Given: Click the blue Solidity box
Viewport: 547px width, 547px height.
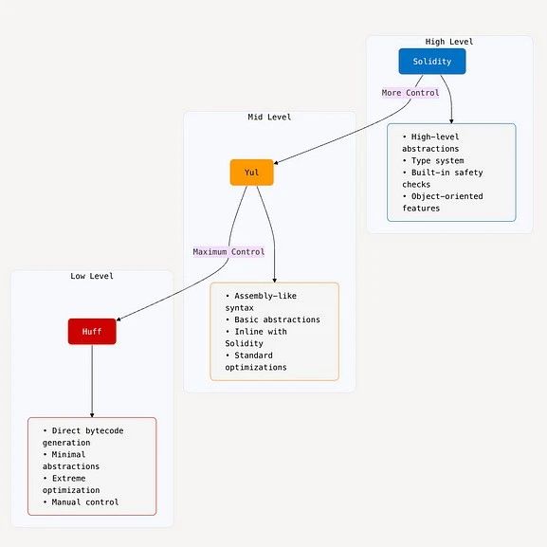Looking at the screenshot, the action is click(432, 62).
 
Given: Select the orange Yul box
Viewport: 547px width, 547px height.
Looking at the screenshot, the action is click(251, 173).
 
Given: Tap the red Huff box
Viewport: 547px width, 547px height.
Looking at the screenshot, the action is click(92, 332).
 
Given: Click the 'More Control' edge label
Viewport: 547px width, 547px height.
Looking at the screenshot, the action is click(410, 93).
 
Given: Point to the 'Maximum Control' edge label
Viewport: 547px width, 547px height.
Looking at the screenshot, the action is click(228, 252).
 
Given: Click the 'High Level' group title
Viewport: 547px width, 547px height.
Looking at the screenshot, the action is click(449, 42).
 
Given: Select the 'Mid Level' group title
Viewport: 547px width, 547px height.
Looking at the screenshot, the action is click(269, 117).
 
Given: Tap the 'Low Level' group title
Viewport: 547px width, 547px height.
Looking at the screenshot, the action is click(92, 276).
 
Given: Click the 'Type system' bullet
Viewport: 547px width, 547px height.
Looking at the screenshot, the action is click(433, 161).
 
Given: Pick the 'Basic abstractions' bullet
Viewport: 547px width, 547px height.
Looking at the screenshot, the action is click(273, 319).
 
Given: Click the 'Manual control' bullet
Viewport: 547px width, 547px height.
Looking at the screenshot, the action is click(81, 502).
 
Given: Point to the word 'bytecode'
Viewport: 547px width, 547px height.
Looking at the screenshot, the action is click(104, 430).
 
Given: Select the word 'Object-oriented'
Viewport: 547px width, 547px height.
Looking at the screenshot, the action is click(447, 196).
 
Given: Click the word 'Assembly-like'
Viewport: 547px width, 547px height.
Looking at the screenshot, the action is click(265, 296).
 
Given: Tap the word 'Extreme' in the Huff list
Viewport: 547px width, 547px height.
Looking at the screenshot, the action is click(68, 479).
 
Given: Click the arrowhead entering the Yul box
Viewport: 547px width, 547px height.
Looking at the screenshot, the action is click(276, 162).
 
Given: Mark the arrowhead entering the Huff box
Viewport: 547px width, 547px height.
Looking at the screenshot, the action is click(119, 319).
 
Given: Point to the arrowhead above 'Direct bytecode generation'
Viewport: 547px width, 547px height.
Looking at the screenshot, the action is click(92, 415).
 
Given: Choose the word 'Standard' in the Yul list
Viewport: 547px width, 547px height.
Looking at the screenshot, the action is click(254, 356).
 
